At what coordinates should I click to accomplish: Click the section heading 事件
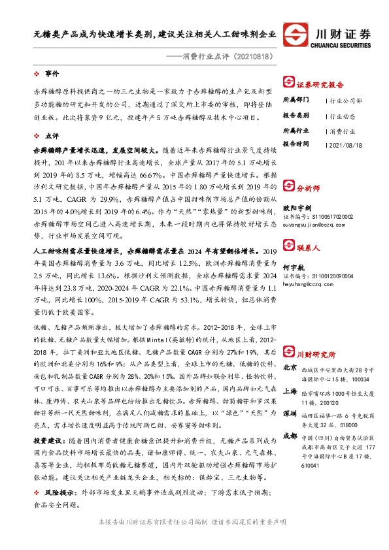click(52, 73)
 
